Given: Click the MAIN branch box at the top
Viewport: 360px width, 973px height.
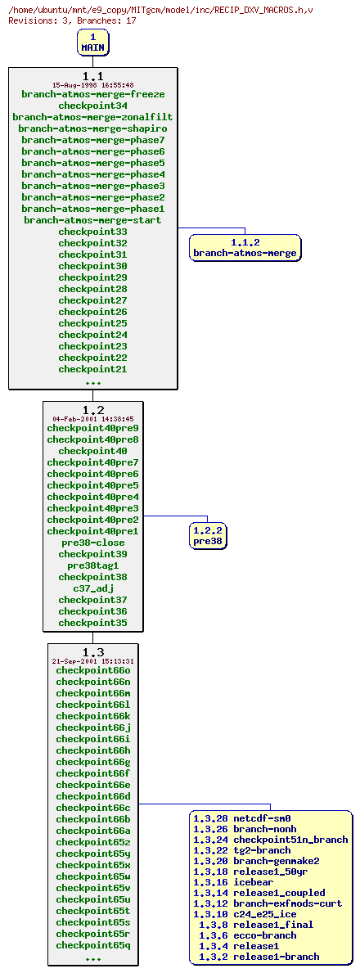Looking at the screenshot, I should [x=92, y=43].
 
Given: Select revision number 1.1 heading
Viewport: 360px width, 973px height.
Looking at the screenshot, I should [x=92, y=76].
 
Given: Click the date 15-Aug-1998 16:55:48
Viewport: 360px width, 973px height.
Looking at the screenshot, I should [x=92, y=85].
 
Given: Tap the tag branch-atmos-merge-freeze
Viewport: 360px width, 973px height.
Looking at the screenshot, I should [x=92, y=94].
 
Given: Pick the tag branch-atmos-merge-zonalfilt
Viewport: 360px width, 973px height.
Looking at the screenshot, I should [x=92, y=117].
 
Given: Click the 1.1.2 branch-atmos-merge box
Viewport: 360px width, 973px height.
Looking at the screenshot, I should [x=245, y=247].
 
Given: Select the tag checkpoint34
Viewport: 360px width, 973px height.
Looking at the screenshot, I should [x=92, y=106].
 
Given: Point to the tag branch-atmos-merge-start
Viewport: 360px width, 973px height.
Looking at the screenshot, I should [x=92, y=220].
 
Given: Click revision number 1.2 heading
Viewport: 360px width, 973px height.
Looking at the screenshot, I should [x=92, y=410].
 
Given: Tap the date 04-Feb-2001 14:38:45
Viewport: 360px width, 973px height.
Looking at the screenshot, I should [x=92, y=419].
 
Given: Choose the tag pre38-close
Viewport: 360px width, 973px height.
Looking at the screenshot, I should [x=92, y=543].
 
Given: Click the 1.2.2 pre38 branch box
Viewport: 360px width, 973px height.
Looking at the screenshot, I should [x=207, y=536].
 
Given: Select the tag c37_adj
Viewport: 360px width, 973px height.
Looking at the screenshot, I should [x=92, y=588].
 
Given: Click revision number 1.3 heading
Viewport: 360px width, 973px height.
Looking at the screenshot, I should [x=92, y=652].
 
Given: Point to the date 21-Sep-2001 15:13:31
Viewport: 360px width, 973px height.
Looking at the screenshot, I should [x=92, y=661].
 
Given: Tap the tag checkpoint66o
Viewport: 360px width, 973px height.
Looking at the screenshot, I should [x=92, y=670].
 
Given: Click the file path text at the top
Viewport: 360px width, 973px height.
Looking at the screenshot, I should [x=160, y=9].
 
